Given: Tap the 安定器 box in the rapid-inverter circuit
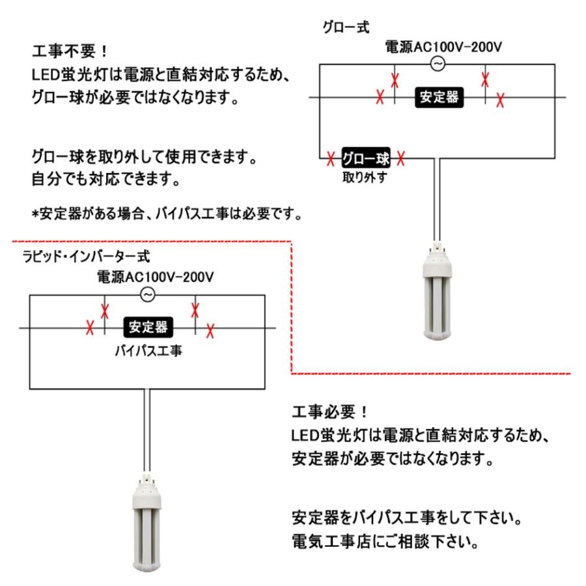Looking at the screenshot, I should pos(147,327).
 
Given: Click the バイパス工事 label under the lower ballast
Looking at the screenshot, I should pos(148,350).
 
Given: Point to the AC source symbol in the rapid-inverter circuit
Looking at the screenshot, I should pos(148,294).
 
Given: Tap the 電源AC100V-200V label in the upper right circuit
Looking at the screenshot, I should pos(438,47).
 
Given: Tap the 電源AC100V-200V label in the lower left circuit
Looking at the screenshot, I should pos(155,277).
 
